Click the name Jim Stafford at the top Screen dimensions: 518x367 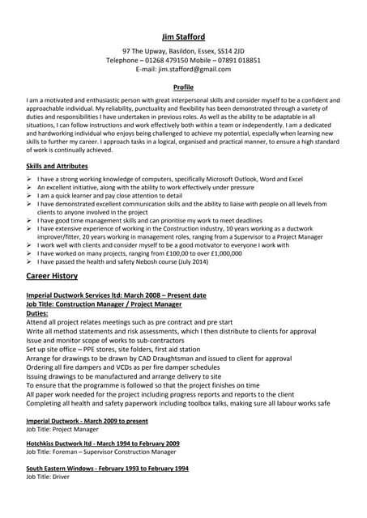click(183, 36)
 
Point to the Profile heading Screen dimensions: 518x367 click(183, 87)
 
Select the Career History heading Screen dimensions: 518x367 click(52, 276)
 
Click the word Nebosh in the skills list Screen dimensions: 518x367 click(164, 262)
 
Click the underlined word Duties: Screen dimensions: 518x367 click(37, 312)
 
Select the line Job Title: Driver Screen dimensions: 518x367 click(49, 478)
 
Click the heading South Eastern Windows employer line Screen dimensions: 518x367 click(107, 468)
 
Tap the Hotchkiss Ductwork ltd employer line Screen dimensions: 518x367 click(103, 444)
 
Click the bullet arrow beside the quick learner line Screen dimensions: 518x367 click(30, 195)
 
